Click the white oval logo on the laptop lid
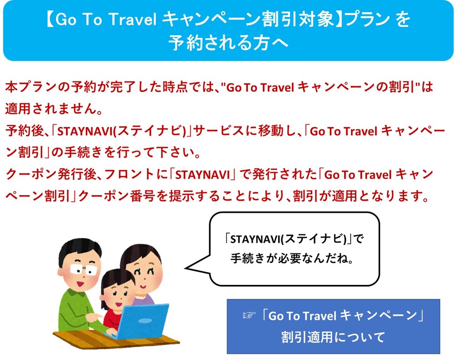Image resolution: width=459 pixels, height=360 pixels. [145, 321]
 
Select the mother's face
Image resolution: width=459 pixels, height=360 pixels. [145, 277]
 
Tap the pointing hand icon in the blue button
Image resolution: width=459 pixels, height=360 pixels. [249, 315]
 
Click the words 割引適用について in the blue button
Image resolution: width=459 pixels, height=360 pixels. [333, 337]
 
